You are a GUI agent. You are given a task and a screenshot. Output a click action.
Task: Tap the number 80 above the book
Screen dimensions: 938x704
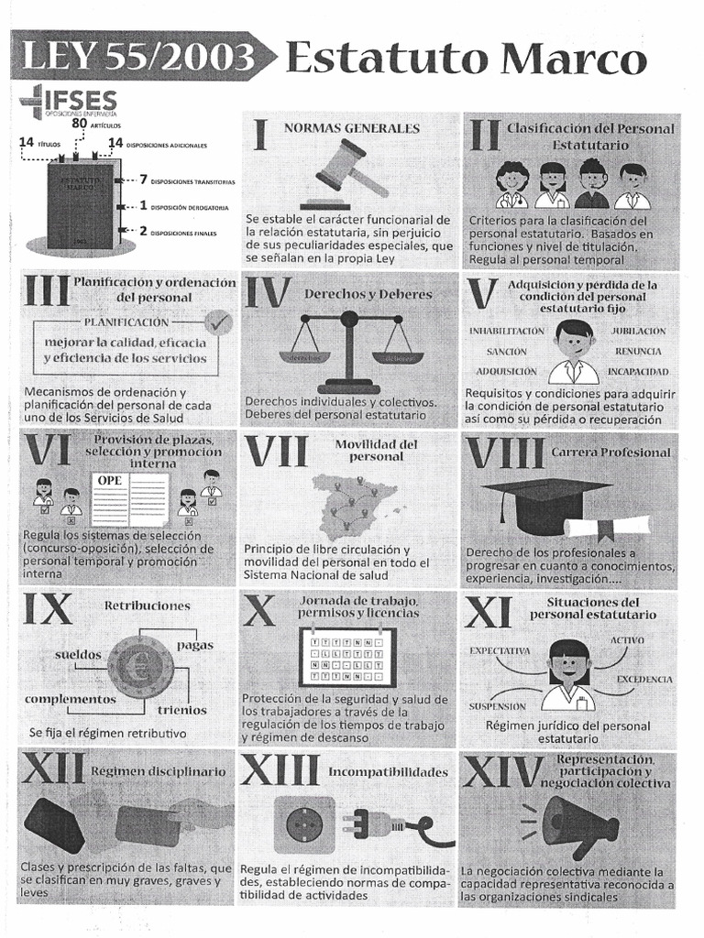(x=79, y=124)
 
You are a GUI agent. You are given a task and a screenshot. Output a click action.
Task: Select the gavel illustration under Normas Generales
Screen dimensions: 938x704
(x=347, y=174)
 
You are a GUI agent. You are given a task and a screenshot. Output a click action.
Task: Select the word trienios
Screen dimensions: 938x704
(x=181, y=710)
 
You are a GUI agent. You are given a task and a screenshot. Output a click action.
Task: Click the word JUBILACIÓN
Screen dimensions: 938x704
(x=638, y=331)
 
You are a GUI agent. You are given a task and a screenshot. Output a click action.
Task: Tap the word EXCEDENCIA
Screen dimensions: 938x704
(x=643, y=680)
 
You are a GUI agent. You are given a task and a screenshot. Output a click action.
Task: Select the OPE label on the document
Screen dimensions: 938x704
(x=110, y=480)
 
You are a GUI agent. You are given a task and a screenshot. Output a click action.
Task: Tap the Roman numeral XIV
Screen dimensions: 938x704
(x=502, y=772)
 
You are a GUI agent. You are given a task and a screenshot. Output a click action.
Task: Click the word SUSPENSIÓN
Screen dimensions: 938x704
(x=497, y=706)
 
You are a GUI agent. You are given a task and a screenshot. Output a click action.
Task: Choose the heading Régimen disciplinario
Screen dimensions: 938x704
(x=158, y=771)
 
